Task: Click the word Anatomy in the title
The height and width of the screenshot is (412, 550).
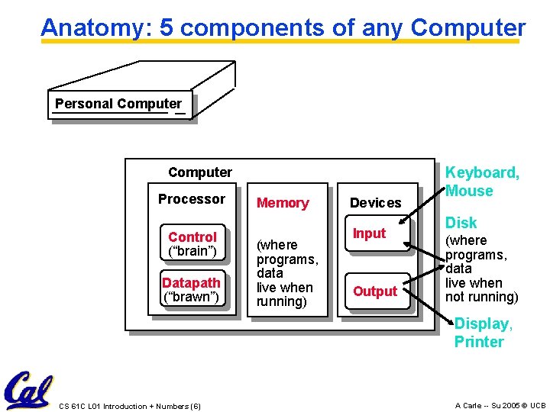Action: pos(95,28)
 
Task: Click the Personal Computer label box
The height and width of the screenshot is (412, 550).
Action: pos(118,105)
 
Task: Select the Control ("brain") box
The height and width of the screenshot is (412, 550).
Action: pos(192,243)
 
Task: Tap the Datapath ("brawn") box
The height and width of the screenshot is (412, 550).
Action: pos(191,290)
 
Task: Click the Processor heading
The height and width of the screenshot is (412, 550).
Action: pos(192,199)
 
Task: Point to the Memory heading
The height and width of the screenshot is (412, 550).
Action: pos(283,203)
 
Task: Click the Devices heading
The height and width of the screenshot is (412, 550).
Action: pos(375,203)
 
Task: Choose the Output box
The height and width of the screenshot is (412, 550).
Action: pos(375,291)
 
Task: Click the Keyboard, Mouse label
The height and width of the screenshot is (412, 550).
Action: pos(482,182)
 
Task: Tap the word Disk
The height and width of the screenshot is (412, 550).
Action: pos(461,223)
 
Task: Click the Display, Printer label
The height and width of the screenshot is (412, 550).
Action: pos(483,333)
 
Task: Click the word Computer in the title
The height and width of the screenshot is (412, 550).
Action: pos(467,28)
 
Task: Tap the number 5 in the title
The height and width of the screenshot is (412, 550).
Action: pos(167,28)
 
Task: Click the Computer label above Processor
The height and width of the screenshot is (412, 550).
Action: pos(200,172)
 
